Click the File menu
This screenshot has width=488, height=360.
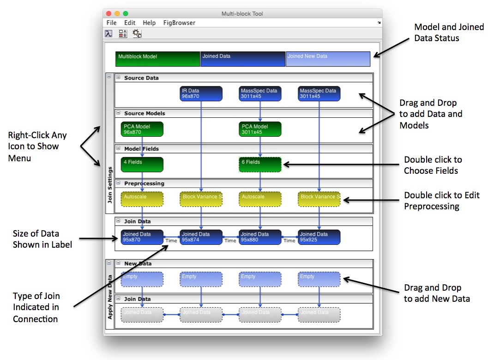(111, 23)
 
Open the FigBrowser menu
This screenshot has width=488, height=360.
(179, 23)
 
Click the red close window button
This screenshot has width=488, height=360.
(109, 14)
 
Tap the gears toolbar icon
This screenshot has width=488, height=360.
(137, 33)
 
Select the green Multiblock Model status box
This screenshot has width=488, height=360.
(157, 59)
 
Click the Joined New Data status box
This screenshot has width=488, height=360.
(328, 59)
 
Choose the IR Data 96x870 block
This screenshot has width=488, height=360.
(201, 93)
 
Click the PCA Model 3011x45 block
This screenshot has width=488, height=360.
(260, 129)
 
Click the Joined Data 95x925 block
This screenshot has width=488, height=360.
(319, 237)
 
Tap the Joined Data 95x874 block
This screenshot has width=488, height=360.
(201, 237)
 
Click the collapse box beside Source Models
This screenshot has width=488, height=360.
(118, 113)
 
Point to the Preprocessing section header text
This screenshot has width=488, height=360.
(144, 183)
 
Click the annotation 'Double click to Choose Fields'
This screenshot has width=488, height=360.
(433, 165)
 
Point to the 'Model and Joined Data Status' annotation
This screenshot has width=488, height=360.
(449, 33)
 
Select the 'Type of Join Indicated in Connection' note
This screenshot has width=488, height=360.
(36, 307)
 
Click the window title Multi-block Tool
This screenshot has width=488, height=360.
(242, 14)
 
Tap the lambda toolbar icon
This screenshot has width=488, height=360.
(108, 33)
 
